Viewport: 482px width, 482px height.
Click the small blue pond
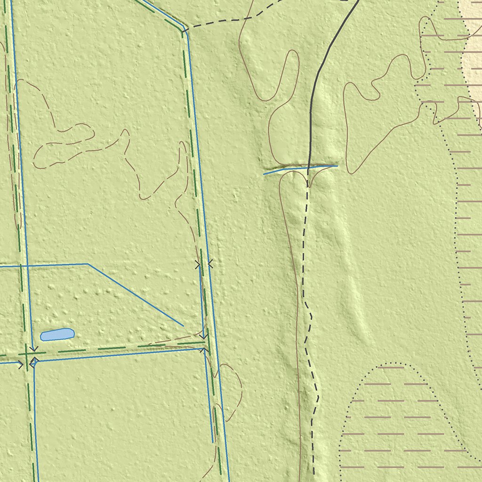click(x=57, y=334)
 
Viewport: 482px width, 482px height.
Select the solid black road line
click(x=320, y=71)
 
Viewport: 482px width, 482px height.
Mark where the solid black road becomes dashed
click(x=308, y=168)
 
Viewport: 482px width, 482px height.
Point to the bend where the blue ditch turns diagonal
click(x=88, y=264)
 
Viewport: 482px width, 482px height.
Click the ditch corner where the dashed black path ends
click(x=183, y=32)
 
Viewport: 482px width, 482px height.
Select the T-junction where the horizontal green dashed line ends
click(x=205, y=346)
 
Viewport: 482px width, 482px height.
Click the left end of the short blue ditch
click(x=264, y=174)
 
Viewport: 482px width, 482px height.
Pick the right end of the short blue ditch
click(x=337, y=165)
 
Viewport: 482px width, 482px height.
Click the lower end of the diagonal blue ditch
click(x=183, y=325)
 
